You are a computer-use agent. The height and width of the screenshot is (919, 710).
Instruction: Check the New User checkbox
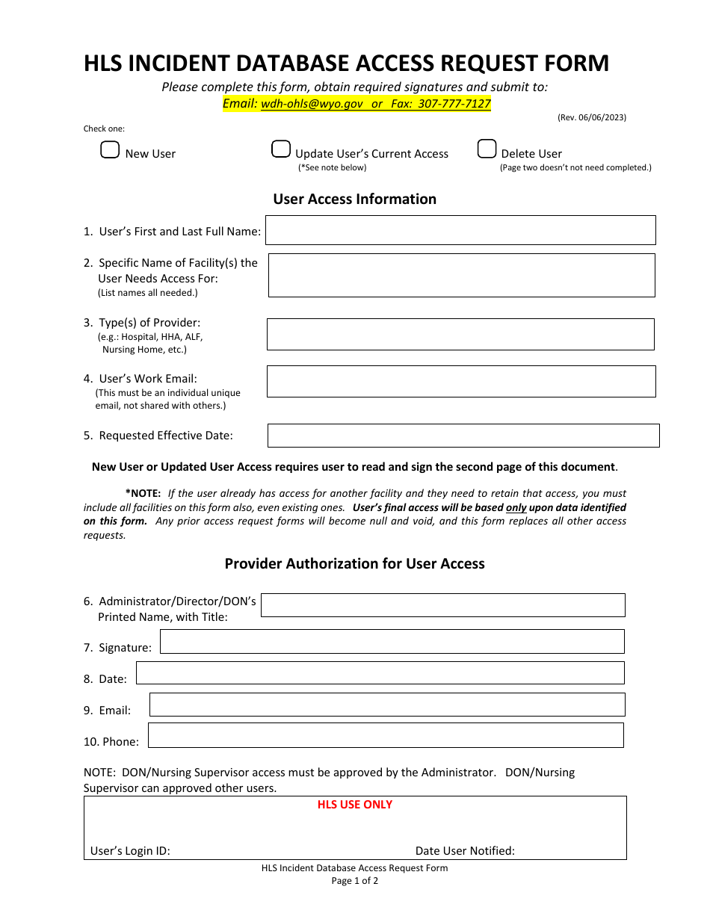[x=110, y=150]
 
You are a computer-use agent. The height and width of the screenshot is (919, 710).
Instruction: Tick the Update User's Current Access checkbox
[x=281, y=149]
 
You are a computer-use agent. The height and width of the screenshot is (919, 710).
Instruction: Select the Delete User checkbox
[x=487, y=149]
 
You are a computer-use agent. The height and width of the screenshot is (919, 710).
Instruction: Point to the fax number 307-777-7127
[x=454, y=104]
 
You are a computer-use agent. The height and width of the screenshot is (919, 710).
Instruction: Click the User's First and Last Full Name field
[x=460, y=230]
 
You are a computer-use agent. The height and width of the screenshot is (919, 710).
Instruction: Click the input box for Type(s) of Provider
[x=460, y=335]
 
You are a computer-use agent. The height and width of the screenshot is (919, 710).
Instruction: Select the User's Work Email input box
[x=460, y=381]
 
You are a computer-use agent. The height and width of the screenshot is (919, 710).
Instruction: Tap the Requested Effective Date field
[x=463, y=436]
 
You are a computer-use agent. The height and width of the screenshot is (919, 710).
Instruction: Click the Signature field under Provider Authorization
[x=392, y=642]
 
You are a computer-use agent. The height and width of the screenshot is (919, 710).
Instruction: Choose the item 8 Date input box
[x=380, y=673]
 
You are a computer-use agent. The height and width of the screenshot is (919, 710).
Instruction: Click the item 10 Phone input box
[x=386, y=735]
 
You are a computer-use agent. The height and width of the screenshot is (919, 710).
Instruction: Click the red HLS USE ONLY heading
[x=355, y=805]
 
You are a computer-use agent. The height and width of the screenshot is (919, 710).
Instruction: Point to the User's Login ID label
[x=130, y=851]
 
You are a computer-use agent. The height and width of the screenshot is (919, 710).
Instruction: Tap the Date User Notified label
[x=465, y=851]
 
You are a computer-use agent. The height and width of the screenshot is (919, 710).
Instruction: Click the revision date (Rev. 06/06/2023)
[x=592, y=117]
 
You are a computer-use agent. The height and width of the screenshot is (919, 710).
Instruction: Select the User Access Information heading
[x=354, y=199]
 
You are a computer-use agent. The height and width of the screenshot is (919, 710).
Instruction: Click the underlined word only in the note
[x=516, y=508]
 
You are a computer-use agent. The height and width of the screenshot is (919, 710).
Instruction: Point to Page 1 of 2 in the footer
[x=355, y=881]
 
